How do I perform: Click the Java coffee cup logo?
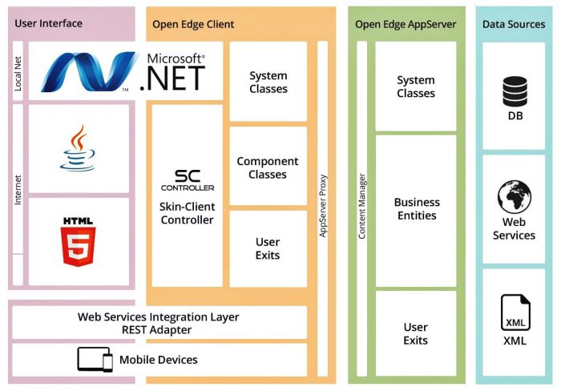[78, 149]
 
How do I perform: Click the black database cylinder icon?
[515, 91]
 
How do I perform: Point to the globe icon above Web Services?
[514, 197]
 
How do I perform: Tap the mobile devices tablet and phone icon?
[95, 360]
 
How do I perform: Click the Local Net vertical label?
[18, 72]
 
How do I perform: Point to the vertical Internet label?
[18, 190]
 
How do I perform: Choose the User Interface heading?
[48, 23]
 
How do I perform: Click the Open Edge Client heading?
[193, 24]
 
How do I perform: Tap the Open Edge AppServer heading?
[406, 24]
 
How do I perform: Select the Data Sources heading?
[514, 24]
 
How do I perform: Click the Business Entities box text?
[416, 209]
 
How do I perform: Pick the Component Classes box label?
[268, 167]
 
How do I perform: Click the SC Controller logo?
[188, 179]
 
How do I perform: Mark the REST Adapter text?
[158, 329]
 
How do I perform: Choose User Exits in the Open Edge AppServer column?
[416, 333]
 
